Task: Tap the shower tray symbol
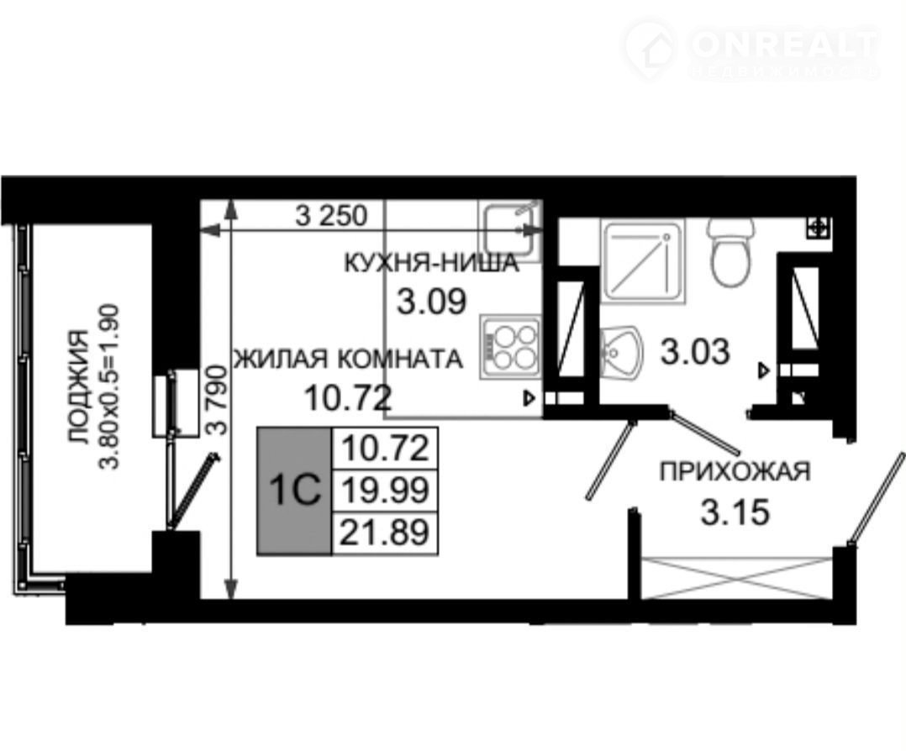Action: coord(642,260)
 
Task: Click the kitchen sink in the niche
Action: coord(509,229)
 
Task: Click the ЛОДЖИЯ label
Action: coord(79,387)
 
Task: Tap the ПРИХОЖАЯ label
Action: coord(735,471)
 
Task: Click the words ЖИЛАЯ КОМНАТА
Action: coord(349,359)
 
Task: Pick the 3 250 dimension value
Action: coord(331,216)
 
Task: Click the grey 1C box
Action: coord(295,491)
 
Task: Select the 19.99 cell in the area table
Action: coord(386,491)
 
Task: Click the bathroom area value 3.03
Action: coord(695,352)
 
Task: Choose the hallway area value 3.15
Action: coord(735,512)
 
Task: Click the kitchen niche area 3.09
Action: coord(431,302)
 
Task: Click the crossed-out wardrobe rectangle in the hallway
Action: coord(737,578)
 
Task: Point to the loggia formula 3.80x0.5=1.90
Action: coord(110,387)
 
